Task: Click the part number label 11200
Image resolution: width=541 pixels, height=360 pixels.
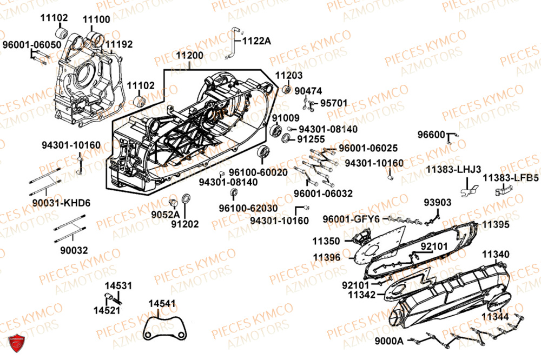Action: (189, 55)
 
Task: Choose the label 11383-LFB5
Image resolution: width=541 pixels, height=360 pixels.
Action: (510, 177)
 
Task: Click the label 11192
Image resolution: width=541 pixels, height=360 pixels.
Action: (118, 44)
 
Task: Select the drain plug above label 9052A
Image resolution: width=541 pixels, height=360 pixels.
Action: (174, 202)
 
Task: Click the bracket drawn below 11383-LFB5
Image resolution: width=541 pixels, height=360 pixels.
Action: (503, 190)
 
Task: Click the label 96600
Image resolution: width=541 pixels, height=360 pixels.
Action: (431, 134)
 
